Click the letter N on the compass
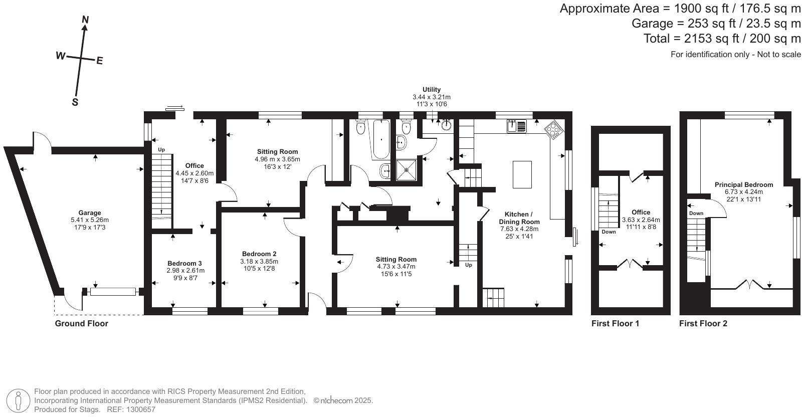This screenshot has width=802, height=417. tap(86, 20)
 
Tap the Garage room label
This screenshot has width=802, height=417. tap(90, 213)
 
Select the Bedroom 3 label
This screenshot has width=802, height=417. tap(185, 263)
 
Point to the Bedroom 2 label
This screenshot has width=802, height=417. tap(259, 254)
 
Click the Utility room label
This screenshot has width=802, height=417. tap(432, 90)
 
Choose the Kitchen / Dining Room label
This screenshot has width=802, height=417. tap(519, 218)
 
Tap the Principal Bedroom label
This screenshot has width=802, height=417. tap(744, 184)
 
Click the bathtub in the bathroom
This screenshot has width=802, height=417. tap(381, 138)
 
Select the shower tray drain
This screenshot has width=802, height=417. tap(407, 169)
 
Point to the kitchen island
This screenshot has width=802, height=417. tap(522, 174)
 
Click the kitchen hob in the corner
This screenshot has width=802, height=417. tap(553, 130)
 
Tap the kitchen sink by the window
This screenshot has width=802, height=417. tap(516, 126)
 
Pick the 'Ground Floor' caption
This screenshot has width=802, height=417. tap(82, 323)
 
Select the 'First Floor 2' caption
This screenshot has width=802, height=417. tap(703, 323)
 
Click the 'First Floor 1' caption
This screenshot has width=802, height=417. tap(616, 323)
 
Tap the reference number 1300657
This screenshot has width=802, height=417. tap(141, 409)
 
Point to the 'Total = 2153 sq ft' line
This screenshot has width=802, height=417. tap(722, 38)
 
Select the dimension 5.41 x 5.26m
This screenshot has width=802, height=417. tap(90, 220)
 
